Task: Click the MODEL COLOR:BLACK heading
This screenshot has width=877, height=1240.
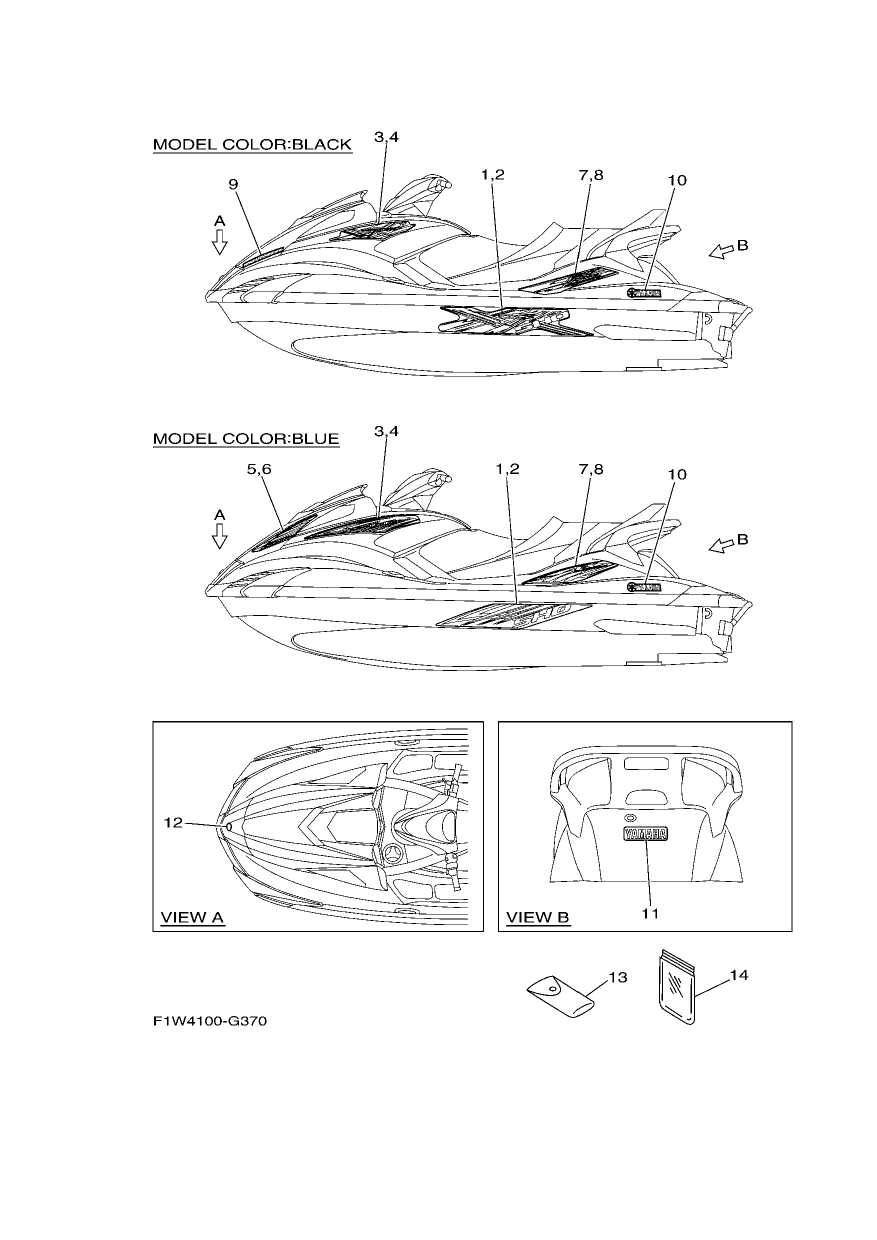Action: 252,144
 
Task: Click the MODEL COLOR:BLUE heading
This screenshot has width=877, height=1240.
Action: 246,438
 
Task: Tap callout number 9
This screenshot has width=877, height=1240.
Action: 233,184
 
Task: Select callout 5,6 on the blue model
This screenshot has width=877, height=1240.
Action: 259,469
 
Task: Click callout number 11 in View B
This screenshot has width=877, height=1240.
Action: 651,913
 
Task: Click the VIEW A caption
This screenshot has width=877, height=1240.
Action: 192,917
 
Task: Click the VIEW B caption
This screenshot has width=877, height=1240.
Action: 538,917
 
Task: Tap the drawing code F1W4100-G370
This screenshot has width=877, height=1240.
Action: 210,1020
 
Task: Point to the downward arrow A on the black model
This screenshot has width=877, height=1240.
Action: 220,242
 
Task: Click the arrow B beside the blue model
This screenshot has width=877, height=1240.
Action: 720,546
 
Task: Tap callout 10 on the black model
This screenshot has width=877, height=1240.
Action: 677,180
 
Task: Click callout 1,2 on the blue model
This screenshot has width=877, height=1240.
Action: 507,469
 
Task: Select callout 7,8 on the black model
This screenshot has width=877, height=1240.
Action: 591,175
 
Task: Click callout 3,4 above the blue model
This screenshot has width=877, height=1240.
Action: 386,431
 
